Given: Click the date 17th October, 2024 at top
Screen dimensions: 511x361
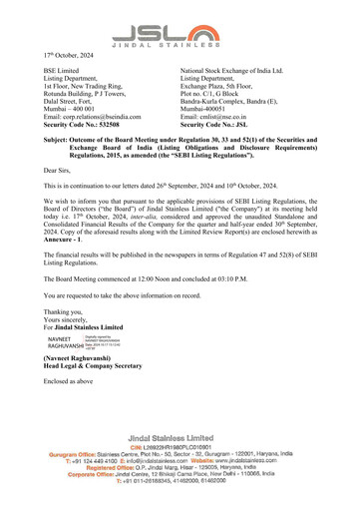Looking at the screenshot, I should [x=71, y=54].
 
